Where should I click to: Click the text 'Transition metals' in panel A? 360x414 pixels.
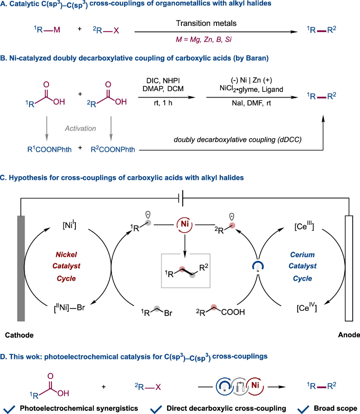[206, 23]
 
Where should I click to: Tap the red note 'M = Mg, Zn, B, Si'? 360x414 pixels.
[204, 40]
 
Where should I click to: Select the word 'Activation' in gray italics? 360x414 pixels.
[81, 128]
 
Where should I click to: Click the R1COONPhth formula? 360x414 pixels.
[50, 149]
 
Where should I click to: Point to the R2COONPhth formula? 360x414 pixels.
[113, 149]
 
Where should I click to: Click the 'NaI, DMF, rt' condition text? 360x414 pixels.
[251, 103]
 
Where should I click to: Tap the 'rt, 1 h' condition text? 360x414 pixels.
[163, 103]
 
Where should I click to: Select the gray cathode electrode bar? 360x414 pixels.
[21, 268]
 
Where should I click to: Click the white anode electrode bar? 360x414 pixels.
[349, 268]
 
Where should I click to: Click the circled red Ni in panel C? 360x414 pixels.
[185, 224]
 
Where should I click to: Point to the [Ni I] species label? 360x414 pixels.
[69, 225]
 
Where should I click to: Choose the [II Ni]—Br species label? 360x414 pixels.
[69, 308]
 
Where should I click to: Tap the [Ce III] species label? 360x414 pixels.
[304, 226]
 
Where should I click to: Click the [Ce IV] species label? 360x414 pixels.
[306, 307]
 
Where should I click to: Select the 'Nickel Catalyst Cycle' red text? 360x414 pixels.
[66, 266]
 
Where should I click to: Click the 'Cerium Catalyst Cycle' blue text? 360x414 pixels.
[303, 266]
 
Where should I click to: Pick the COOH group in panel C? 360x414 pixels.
[233, 312]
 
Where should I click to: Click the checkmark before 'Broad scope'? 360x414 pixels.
[303, 409]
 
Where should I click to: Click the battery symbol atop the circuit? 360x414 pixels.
[181, 198]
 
